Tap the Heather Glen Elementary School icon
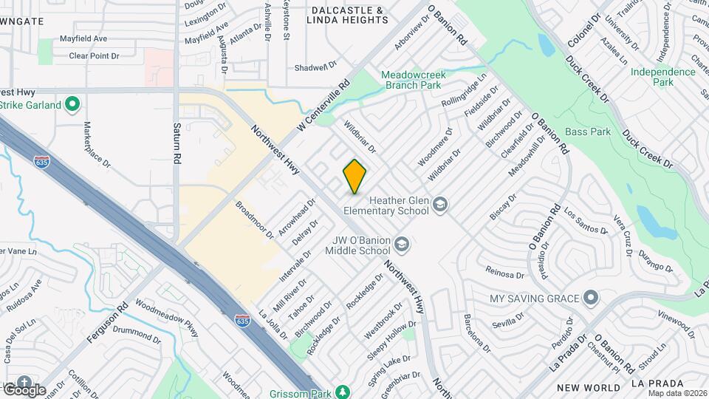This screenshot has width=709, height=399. [440, 204]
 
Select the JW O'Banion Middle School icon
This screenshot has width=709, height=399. [401, 244]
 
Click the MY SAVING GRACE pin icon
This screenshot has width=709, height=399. [589, 298]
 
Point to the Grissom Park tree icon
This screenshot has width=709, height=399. [342, 391]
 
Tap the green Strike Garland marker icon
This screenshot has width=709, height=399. [72, 104]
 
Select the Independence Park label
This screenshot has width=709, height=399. [662, 77]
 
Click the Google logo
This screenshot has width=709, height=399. [24, 389]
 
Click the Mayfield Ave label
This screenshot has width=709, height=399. [83, 38]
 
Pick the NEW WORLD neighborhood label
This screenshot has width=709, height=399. [589, 387]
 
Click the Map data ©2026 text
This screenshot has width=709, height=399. [670, 392]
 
